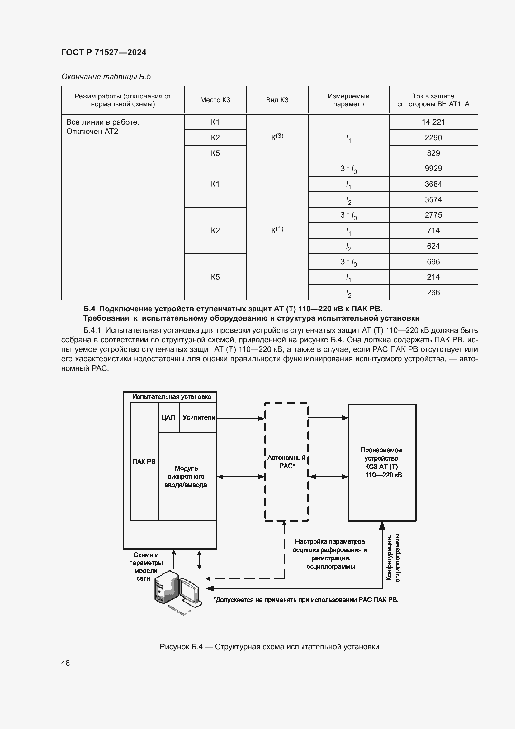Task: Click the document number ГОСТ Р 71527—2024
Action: coord(104,52)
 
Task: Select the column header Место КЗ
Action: coord(215,100)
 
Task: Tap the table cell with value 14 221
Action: coord(433,122)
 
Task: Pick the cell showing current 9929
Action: coord(433,169)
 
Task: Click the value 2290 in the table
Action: coord(433,138)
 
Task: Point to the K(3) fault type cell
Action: coord(277,137)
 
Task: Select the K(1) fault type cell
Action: coord(277,230)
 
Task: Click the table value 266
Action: coord(433,292)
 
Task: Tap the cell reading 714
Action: coord(433,231)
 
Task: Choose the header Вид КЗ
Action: coord(277,100)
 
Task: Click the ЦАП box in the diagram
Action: coord(168,418)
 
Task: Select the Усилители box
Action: coord(199,418)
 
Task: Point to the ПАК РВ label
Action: coord(144,462)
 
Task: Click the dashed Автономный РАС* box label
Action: coord(286,462)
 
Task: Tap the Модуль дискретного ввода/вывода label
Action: coord(186,477)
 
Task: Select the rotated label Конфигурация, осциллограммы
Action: coord(393,558)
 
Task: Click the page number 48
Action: coord(66,663)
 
